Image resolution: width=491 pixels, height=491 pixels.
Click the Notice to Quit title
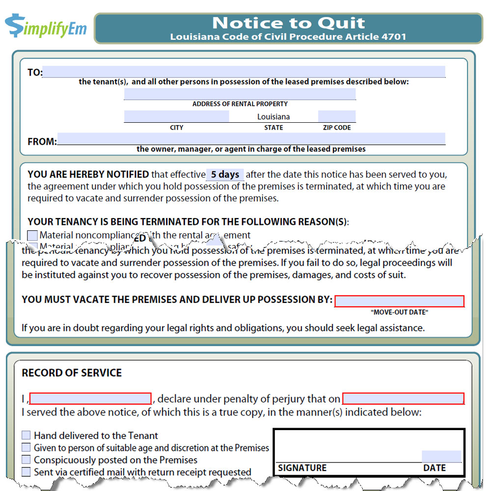(x=288, y=23)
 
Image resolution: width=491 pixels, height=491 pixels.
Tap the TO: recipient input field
(x=244, y=72)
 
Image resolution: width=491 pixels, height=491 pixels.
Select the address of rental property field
(x=240, y=94)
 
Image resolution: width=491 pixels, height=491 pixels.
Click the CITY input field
(x=176, y=116)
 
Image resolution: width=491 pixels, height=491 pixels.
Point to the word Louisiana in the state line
(x=273, y=117)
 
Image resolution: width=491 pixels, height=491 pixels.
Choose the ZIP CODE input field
(x=336, y=116)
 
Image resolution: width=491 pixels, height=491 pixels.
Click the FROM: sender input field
(x=251, y=138)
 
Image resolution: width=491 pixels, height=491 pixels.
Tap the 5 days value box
(x=225, y=174)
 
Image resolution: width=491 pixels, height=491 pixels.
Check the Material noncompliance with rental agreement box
(x=32, y=235)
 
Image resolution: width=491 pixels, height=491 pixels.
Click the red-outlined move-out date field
(x=399, y=301)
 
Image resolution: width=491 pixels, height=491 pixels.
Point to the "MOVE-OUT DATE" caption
(x=399, y=312)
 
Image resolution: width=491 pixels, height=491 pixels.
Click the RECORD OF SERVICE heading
(x=72, y=373)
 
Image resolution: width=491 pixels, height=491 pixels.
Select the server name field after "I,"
(x=90, y=398)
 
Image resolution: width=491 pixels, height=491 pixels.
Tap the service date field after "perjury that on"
(x=403, y=398)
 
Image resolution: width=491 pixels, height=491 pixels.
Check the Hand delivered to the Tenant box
(x=26, y=436)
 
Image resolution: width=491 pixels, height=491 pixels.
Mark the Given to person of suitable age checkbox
(x=26, y=448)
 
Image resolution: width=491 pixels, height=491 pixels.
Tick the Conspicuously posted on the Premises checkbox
(x=26, y=460)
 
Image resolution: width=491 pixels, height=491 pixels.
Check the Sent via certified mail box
(x=26, y=472)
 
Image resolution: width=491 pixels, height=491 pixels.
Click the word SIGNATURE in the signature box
(x=302, y=468)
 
